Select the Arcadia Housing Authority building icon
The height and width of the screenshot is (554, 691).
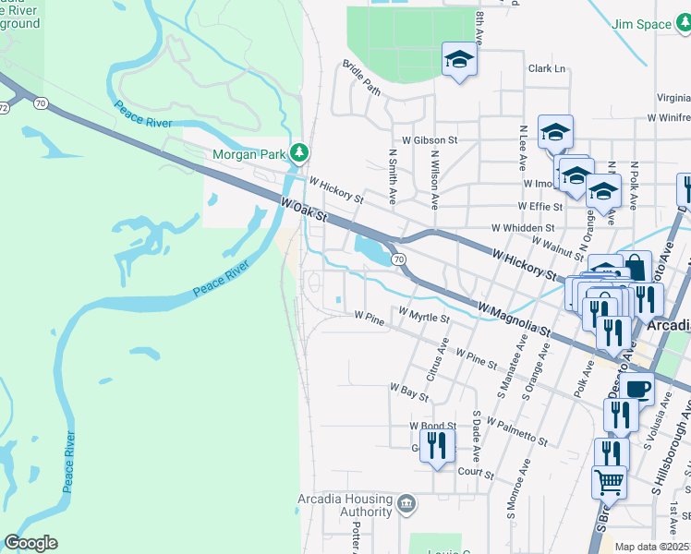[x=406, y=504]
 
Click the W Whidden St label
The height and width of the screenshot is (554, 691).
[x=522, y=227]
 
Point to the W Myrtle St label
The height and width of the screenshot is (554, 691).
[x=424, y=317]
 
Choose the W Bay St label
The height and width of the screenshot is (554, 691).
[x=409, y=391]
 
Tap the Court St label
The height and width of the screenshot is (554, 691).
[x=477, y=472]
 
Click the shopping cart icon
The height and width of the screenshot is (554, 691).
[x=609, y=481]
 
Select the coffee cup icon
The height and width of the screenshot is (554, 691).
[x=636, y=388]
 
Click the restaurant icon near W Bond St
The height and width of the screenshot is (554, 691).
[x=438, y=445]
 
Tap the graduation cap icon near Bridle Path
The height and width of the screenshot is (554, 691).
[x=458, y=60]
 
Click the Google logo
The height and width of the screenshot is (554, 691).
[x=30, y=543]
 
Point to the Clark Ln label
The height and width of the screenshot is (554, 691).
[x=546, y=68]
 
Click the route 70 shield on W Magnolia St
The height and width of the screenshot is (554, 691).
[x=397, y=260]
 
